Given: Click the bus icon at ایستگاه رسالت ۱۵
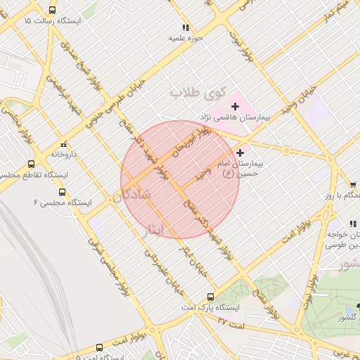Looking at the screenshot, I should [53, 11].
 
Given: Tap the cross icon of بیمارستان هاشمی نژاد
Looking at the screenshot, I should [235, 106].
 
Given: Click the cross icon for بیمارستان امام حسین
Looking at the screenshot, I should [240, 153].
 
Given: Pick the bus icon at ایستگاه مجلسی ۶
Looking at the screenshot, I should [62, 191].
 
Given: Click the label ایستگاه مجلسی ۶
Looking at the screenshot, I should [63, 202].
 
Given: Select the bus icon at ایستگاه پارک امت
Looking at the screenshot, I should [210, 297].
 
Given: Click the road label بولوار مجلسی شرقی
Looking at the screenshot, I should [105, 264].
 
